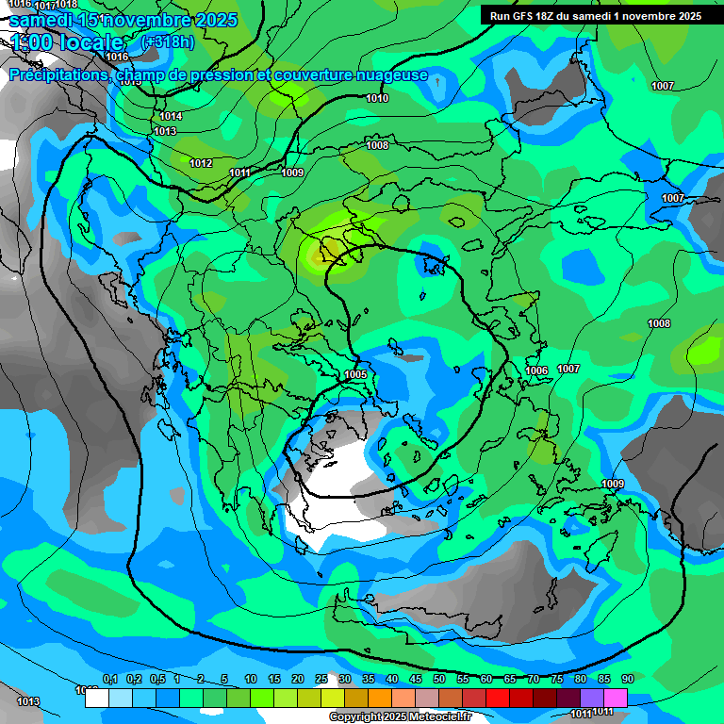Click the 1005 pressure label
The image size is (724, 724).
(355, 374)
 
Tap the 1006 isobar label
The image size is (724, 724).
(537, 370)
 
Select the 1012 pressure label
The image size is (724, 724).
(201, 163)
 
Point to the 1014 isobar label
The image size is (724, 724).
(171, 116)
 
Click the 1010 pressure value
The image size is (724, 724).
(377, 98)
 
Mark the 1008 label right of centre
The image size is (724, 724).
(659, 323)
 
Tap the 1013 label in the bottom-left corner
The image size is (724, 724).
(28, 701)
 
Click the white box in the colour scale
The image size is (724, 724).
(96, 699)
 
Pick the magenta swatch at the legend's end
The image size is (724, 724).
(616, 698)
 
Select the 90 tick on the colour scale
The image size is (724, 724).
(628, 679)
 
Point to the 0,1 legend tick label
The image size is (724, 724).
(109, 679)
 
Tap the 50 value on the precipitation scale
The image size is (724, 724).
(439, 679)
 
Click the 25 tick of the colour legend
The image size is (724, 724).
(321, 679)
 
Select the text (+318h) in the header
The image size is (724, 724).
(168, 41)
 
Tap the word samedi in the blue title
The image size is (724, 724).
(42, 19)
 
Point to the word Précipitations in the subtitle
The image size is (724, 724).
(59, 74)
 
